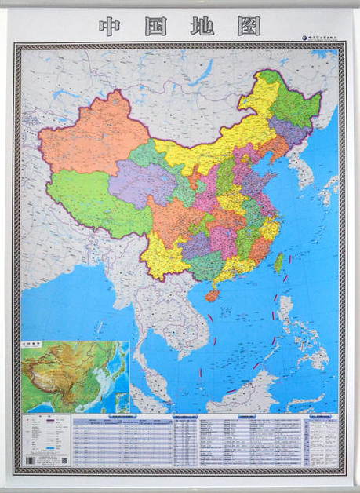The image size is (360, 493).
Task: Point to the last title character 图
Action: point(248,26)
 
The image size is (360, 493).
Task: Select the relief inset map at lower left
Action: point(75,376)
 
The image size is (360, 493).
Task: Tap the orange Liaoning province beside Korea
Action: point(276,150)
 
